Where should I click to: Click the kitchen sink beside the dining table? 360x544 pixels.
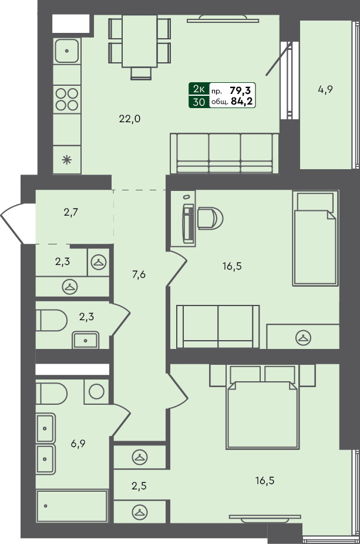coord(68,51)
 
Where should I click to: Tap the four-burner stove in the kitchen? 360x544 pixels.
coord(67,99)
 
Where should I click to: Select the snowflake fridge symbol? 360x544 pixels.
coord(67,159)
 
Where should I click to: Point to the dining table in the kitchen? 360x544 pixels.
coord(140,41)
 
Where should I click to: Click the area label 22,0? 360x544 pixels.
coord(129,119)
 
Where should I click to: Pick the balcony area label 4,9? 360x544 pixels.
coord(325,90)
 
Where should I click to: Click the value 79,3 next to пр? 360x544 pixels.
coord(241,90)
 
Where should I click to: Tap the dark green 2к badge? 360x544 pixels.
coord(198,89)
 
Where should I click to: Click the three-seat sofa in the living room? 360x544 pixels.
coord(224,153)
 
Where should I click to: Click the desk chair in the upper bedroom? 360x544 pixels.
coord(210,219)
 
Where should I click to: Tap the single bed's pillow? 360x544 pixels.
coord(315,202)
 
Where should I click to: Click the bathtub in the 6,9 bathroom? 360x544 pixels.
coord(72,505)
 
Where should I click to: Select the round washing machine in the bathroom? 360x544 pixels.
coord(96,391)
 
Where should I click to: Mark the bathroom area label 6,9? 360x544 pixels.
coord(79,445)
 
